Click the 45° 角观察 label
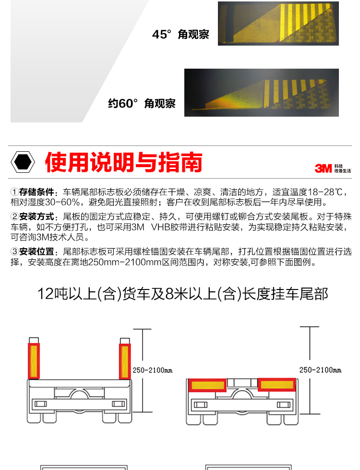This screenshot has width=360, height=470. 180,35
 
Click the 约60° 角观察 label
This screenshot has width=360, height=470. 142,103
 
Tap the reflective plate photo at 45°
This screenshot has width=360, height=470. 278,24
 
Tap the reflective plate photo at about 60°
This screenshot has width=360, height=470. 262,93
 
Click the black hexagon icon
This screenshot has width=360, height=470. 23,162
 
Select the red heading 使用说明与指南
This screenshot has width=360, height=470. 123,162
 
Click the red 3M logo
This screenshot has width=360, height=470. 323,169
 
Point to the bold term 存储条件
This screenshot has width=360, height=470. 36,192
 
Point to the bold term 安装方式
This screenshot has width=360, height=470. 36,217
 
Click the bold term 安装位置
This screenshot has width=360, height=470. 36,252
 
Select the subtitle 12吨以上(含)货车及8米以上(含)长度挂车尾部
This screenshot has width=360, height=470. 182,294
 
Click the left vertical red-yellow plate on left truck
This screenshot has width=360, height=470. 34,361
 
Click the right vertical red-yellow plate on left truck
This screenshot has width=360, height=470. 125,361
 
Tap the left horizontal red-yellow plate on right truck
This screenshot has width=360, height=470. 207,385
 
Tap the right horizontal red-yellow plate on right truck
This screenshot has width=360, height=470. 276,385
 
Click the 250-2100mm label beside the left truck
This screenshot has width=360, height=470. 153,371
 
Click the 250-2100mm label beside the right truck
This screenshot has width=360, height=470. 321,370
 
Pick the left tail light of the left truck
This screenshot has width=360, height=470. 41,404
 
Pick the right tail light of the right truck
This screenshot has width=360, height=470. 283,405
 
